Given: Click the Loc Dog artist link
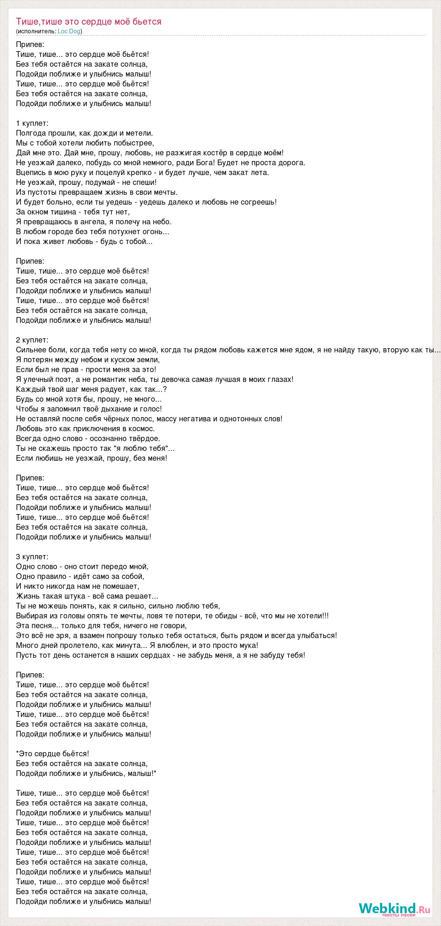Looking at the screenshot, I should [69, 31].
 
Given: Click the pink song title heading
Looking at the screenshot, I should [89, 22].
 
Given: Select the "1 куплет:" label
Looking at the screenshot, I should [32, 123].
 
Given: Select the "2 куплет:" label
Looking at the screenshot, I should [32, 340].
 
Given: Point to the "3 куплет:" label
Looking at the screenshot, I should [32, 557].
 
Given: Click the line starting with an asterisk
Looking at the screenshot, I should [53, 754].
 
